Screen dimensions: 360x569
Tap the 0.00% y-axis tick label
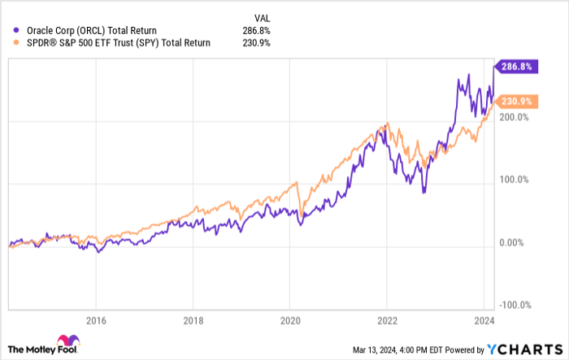(512, 242)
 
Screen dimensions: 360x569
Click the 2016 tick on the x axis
(96, 319)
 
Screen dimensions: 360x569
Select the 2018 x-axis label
(193, 319)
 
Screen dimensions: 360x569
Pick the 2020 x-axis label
(290, 319)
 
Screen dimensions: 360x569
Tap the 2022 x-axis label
(388, 319)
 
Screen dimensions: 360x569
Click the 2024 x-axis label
(484, 319)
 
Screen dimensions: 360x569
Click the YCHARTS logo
(525, 349)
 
